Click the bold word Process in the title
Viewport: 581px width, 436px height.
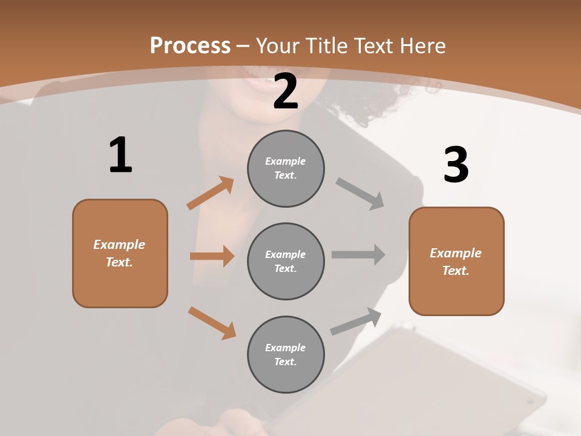[190, 45]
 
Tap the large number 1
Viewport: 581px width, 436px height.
[120, 155]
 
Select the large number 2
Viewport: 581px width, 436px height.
[286, 91]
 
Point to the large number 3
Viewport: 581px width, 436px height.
[456, 165]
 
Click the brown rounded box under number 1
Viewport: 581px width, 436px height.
[120, 253]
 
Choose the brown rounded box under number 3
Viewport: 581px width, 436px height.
[456, 261]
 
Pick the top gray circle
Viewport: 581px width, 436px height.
[286, 168]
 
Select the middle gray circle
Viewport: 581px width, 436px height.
[286, 261]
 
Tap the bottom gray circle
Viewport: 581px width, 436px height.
[286, 354]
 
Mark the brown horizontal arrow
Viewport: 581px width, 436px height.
[212, 256]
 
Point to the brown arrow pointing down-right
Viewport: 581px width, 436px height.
[212, 323]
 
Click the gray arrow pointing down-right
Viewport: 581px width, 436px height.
[360, 193]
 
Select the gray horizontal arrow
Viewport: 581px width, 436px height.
[358, 255]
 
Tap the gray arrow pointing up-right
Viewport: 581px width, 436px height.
[356, 322]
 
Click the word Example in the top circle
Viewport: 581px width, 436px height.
[286, 161]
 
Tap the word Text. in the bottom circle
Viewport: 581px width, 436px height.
[286, 362]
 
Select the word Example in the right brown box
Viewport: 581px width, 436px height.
[456, 253]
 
